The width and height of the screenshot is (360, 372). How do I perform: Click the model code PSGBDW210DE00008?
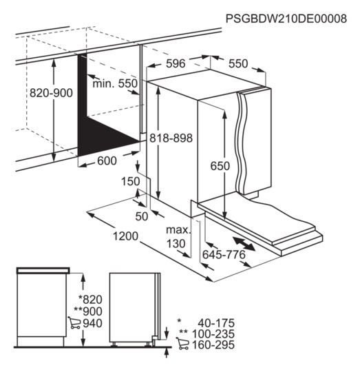[x=286, y=19]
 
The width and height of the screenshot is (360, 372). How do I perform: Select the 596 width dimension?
[x=176, y=63]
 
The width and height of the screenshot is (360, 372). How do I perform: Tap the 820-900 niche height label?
[x=51, y=93]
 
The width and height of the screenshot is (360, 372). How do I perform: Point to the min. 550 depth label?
[x=115, y=83]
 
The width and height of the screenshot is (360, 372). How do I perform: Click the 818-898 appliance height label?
[x=171, y=138]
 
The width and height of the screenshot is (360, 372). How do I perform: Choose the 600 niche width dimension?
[x=107, y=161]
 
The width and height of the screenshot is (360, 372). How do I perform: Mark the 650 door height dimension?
[x=220, y=166]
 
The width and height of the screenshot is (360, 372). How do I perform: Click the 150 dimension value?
[x=131, y=181]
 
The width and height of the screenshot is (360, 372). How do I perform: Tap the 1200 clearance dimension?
[x=125, y=236]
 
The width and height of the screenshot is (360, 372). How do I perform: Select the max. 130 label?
[x=178, y=237]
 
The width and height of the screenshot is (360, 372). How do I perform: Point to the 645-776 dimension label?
[x=224, y=255]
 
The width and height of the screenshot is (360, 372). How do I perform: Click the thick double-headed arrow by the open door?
[x=244, y=244]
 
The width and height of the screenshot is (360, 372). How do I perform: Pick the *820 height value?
[x=90, y=300]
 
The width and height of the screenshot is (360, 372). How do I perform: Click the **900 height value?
[x=88, y=311]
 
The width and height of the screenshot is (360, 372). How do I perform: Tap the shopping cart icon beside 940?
[x=74, y=322]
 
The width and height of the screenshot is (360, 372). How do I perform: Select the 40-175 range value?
[x=216, y=323]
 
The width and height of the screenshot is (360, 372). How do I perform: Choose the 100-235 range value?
[x=213, y=334]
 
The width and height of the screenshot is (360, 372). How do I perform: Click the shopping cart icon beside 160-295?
[x=182, y=343]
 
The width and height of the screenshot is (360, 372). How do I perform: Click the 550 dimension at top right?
[x=238, y=63]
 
